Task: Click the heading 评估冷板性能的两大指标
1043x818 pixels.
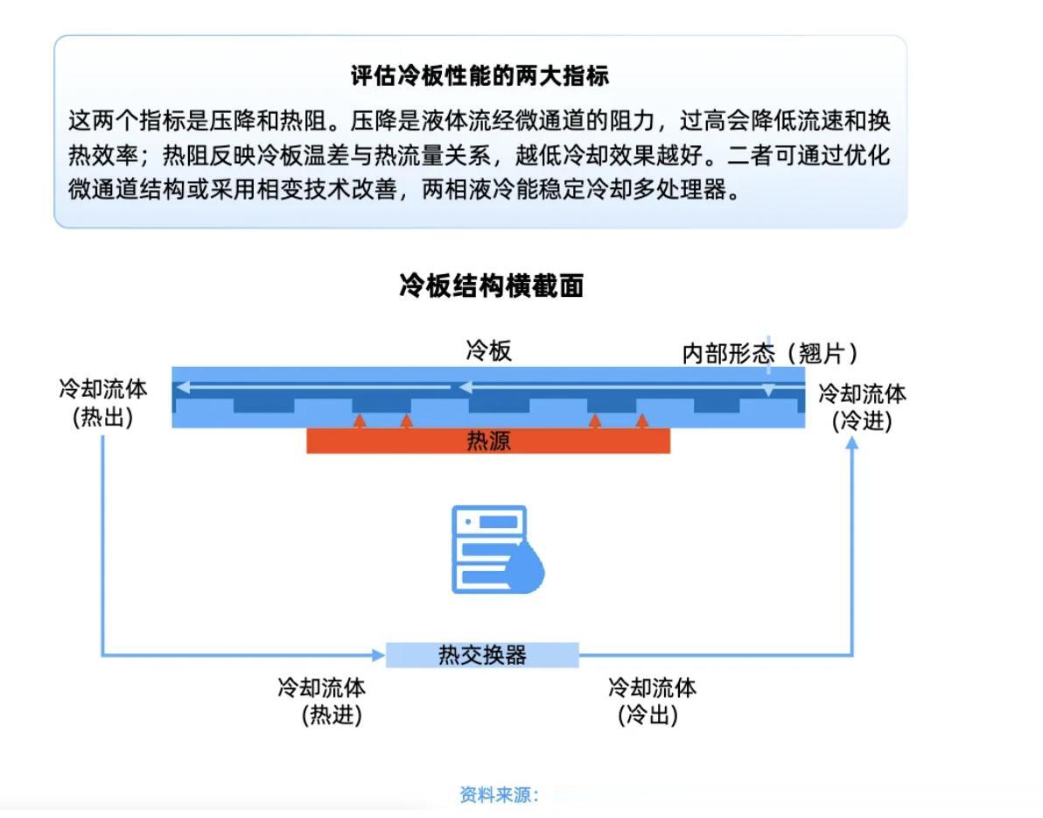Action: pos(479,76)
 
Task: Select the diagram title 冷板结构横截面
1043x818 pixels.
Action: pos(491,286)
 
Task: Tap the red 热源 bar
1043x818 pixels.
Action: pos(488,441)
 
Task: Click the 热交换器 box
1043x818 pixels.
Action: pos(482,655)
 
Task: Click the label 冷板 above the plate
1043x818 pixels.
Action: pos(488,352)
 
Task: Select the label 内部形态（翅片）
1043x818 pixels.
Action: pos(769,354)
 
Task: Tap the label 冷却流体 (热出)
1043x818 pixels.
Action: pos(103,403)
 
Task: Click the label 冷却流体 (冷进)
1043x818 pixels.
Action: pos(862,406)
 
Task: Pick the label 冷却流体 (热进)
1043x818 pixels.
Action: pos(322,701)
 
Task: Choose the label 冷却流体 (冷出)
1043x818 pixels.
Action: pos(652,701)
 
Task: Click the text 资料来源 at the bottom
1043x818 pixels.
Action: pos(499,795)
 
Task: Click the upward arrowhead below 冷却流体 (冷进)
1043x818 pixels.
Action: pos(851,443)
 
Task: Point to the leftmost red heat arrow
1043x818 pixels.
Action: pos(359,421)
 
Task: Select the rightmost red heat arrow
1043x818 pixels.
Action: pos(642,421)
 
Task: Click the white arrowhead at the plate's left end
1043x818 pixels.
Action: pos(182,386)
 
